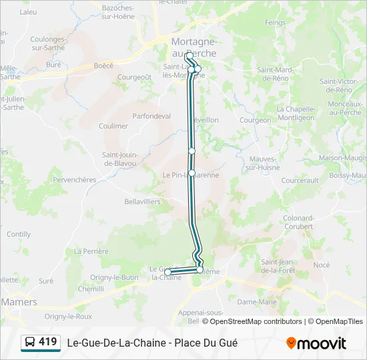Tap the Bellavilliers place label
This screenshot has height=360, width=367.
143,201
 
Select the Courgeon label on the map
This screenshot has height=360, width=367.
255,121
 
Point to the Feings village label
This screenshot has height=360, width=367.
275,22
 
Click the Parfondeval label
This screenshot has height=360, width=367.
151,116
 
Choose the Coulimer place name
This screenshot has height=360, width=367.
113,126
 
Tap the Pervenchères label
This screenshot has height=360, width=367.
74,180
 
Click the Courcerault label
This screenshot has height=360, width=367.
300,181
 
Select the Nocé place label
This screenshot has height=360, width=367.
322,265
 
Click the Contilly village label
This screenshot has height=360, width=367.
19,235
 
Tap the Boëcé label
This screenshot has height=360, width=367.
103,65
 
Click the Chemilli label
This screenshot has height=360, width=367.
91,289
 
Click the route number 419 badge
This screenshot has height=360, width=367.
48,342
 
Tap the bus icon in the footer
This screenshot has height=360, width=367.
31,343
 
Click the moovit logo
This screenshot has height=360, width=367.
316,343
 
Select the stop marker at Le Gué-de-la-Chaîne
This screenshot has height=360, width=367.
168,272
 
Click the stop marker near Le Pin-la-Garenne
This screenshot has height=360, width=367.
192,173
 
